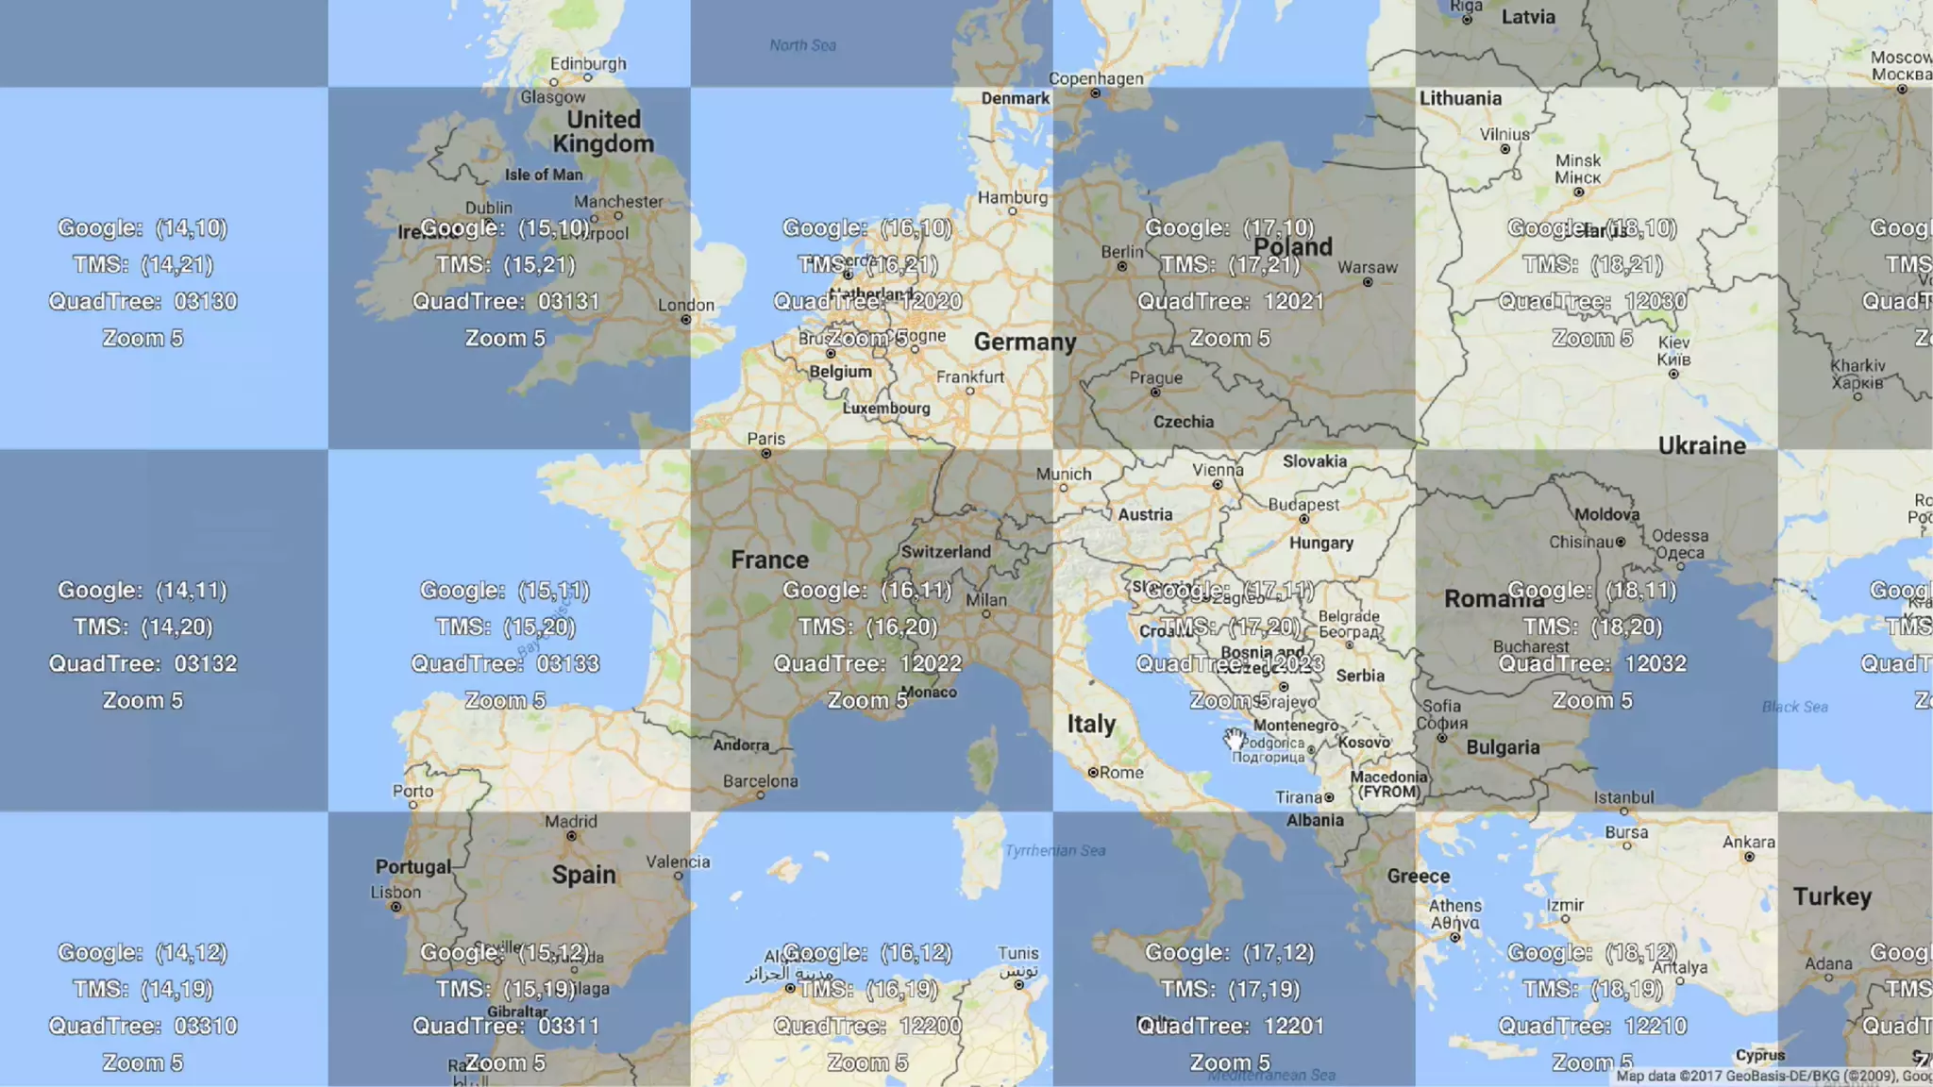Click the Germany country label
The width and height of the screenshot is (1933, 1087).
tap(1024, 342)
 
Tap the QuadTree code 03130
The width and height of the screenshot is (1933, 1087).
tap(205, 301)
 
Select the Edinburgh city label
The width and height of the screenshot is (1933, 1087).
tap(588, 63)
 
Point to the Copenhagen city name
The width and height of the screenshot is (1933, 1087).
tap(1096, 78)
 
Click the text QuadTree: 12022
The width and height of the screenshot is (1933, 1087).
tap(867, 663)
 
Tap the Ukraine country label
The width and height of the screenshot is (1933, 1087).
tap(1702, 445)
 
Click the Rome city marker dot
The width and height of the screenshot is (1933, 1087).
tap(1093, 773)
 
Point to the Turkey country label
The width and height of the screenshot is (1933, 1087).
tap(1832, 896)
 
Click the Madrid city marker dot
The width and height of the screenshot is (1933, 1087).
tap(571, 836)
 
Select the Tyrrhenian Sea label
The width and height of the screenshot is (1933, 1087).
tap(1054, 850)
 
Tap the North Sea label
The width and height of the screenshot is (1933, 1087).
tap(802, 44)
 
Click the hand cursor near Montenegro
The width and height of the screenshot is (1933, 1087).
tap(1235, 740)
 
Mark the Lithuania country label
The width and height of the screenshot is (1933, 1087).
tap(1460, 98)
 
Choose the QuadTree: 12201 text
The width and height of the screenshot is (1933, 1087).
tap(1230, 1026)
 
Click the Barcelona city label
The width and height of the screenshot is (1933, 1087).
tap(760, 781)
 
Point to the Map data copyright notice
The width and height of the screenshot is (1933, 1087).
tap(1773, 1076)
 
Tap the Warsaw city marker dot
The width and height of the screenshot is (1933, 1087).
tap(1368, 282)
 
